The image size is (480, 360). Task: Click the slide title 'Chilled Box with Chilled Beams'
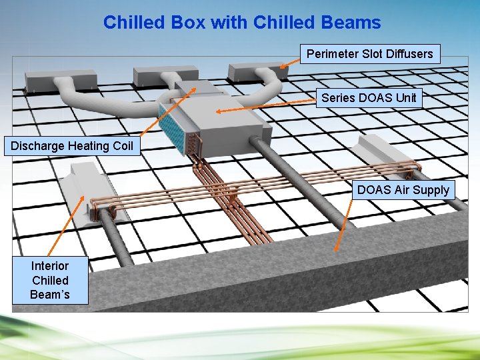tap(242, 23)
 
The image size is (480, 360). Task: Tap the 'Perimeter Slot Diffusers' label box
tap(369, 53)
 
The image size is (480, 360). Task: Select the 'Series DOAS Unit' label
tap(369, 98)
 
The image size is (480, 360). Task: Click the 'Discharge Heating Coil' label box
tap(72, 145)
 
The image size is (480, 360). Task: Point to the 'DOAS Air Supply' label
tap(403, 190)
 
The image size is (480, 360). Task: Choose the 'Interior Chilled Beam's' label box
tap(50, 280)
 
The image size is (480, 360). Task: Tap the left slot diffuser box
tap(53, 80)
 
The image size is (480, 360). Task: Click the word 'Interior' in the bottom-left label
tap(50, 266)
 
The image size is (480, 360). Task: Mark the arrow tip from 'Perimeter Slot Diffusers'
tap(281, 67)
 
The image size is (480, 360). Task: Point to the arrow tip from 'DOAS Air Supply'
tap(337, 251)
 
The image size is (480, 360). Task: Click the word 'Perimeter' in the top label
tap(332, 53)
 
